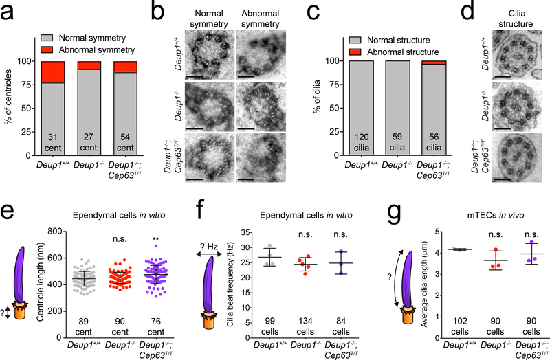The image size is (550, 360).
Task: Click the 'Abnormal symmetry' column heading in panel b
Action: pyautogui.click(x=249, y=20)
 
